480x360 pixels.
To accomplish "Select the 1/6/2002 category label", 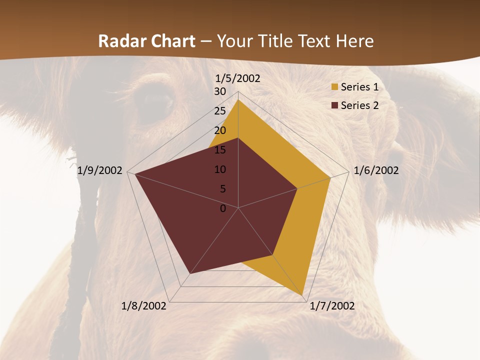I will click(x=376, y=170).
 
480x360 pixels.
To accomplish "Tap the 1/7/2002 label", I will click(x=332, y=306).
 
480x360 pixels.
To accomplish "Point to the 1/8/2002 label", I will click(x=144, y=306).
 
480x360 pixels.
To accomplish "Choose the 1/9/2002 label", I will click(x=100, y=170).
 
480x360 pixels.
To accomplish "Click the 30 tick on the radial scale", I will click(x=220, y=91).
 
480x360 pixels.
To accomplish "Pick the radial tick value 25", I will click(x=220, y=111).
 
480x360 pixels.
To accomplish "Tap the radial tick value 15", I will click(x=220, y=150).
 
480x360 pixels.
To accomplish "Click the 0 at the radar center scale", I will click(x=223, y=208).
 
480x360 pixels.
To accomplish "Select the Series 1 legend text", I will click(x=359, y=87).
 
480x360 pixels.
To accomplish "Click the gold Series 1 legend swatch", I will click(x=334, y=87).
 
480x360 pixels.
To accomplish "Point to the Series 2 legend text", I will click(x=359, y=105).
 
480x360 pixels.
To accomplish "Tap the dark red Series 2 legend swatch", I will click(x=334, y=105).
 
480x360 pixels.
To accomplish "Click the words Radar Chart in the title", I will click(x=146, y=41).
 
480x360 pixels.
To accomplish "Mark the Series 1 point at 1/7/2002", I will click(x=303, y=295).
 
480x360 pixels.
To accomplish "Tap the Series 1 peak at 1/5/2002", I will click(x=238, y=100).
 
